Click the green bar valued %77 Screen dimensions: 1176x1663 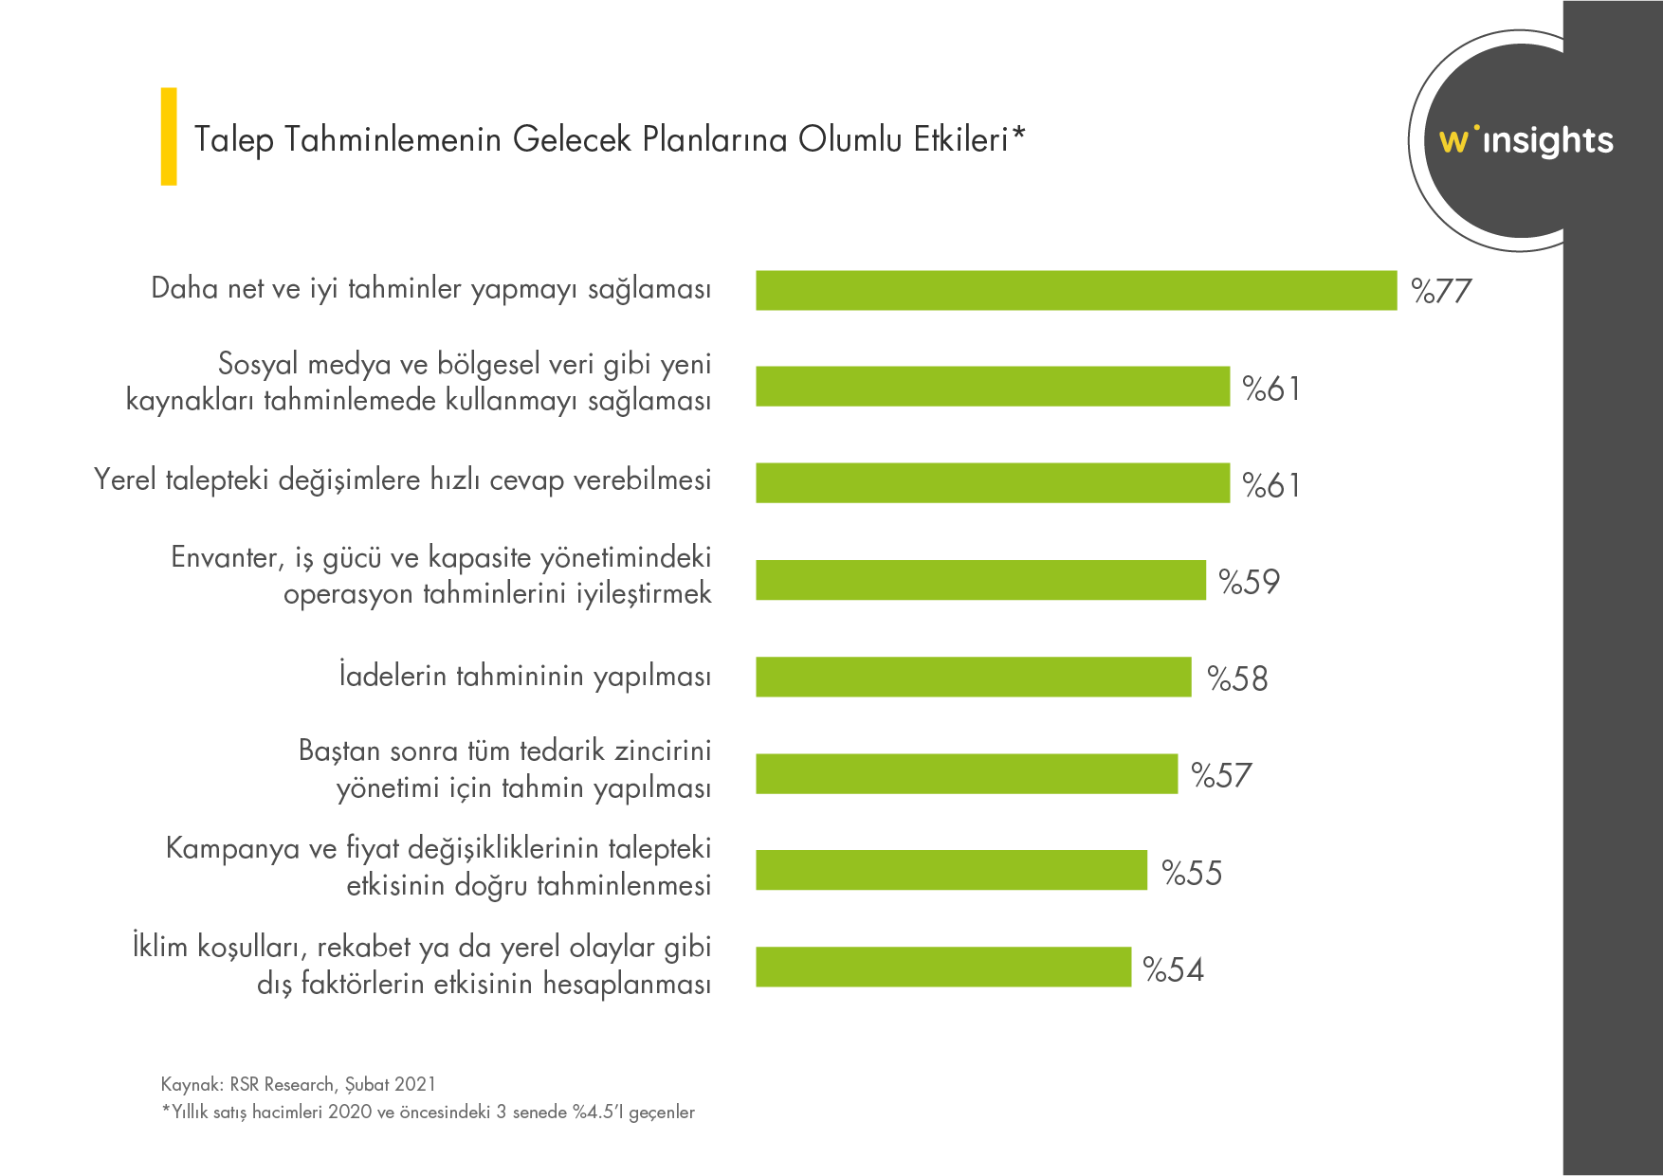coord(1076,290)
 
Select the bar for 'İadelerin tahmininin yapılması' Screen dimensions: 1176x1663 coord(973,677)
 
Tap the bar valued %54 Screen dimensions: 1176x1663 coord(943,967)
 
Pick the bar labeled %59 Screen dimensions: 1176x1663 coord(980,580)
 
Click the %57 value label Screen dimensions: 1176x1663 coord(1221,775)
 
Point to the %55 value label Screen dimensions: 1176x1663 coord(1192,873)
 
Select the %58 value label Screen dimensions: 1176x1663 coord(1237,678)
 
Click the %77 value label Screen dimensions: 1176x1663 coord(1441,291)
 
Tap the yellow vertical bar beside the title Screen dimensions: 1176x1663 coord(169,136)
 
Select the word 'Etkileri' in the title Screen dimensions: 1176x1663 coord(960,139)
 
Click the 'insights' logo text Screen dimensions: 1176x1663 coord(1547,141)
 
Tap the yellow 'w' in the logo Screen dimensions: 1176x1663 coord(1453,141)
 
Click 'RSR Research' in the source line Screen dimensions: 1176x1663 coord(282,1084)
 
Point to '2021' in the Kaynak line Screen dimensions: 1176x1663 coord(415,1084)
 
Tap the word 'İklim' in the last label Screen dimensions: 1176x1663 coord(159,947)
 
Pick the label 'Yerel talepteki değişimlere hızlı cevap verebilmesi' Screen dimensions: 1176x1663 coord(402,480)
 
